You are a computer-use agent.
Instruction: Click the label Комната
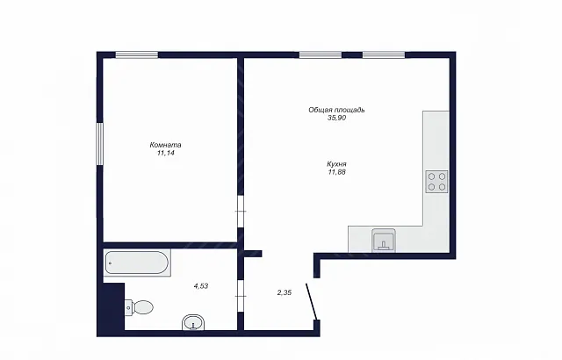165,145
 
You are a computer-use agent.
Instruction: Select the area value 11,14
165,153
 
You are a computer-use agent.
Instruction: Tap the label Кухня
336,164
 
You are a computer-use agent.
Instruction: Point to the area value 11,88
336,172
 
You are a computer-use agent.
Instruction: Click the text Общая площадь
336,110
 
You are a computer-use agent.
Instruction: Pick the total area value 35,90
336,118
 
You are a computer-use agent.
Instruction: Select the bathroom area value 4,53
201,286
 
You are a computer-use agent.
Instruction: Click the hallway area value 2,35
285,292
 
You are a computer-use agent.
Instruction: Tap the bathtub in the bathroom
137,263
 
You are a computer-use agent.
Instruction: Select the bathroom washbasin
193,322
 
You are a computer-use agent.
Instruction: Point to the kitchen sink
384,241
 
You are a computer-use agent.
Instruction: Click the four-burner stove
436,182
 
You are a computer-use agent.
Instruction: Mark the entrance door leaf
311,301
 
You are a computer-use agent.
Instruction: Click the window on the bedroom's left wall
99,144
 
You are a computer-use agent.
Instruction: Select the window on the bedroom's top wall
137,54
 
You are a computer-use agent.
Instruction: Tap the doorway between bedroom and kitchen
241,212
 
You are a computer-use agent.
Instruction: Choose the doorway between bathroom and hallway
241,296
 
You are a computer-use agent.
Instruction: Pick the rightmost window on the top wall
384,54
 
